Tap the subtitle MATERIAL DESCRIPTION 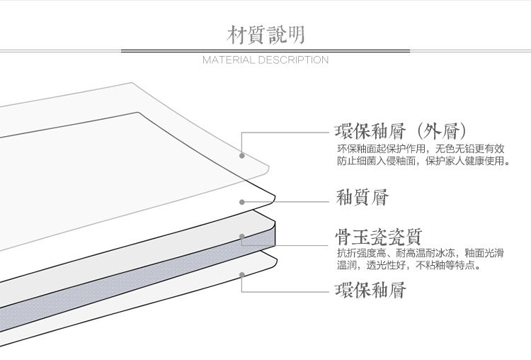click(x=265, y=60)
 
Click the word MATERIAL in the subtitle click(x=229, y=60)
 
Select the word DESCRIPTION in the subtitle click(x=293, y=60)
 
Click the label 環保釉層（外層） click(x=400, y=132)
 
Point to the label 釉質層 click(x=362, y=197)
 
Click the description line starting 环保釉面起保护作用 click(x=421, y=149)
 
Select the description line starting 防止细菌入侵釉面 click(x=423, y=161)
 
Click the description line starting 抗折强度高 click(x=421, y=253)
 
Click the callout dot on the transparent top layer click(x=241, y=155)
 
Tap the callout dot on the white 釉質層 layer click(x=241, y=202)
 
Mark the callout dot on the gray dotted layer click(x=241, y=236)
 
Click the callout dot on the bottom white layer click(x=241, y=274)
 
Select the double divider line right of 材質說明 click(x=425, y=51)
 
